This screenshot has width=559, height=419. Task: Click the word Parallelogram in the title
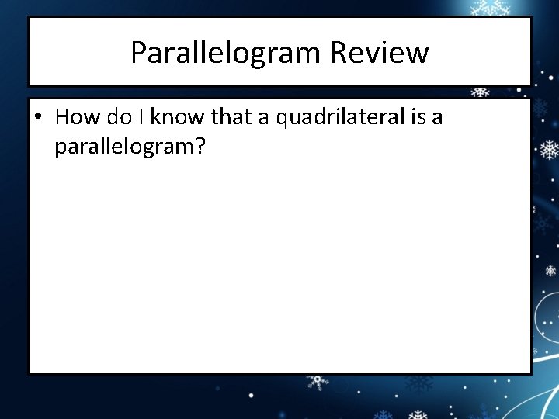coord(226,53)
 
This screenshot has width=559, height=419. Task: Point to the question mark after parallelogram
coord(200,145)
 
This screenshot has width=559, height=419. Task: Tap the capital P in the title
coord(138,53)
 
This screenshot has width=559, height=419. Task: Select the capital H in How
coord(63,117)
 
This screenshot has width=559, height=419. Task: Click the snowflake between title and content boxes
coord(481,92)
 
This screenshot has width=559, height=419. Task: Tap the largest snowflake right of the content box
coord(549,149)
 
